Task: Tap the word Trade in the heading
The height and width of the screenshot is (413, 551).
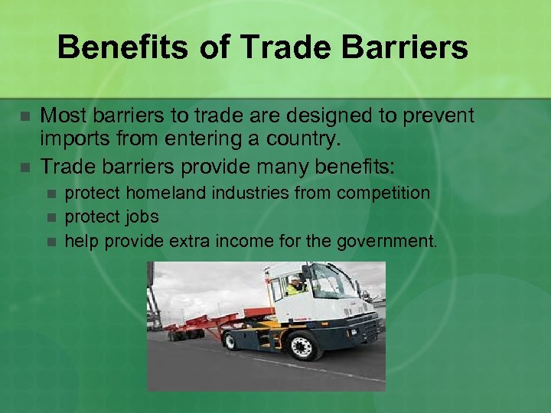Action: click(272, 47)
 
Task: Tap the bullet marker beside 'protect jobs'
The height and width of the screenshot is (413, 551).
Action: click(51, 218)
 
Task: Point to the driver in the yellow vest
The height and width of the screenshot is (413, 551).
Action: click(295, 287)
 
